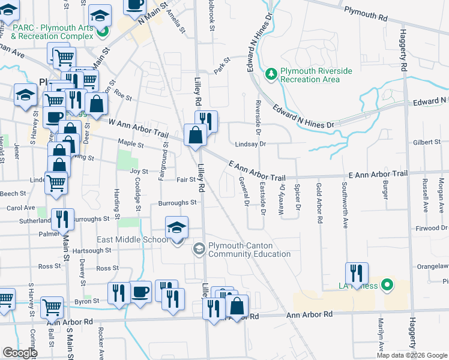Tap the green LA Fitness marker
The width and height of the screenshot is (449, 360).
coord(387,284)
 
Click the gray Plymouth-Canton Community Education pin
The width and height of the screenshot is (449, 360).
coord(199,248)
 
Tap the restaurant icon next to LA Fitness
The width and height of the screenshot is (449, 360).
coord(357,273)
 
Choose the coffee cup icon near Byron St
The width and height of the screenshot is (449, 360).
coord(140,292)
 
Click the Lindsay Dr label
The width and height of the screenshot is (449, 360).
coord(250,144)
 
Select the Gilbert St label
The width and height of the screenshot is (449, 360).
coord(427,142)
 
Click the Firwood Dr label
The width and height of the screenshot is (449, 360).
coord(433,229)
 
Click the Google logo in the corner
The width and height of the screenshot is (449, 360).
coord(20,353)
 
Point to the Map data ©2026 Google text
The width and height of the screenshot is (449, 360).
coord(411,355)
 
